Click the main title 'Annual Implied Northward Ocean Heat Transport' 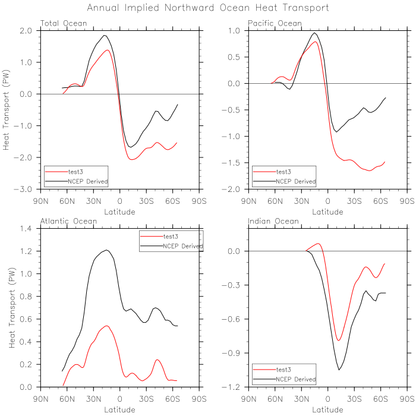208,8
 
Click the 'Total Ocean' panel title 64,24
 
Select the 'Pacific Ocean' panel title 275,24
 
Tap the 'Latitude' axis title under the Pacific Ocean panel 327,211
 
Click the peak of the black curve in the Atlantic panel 106,250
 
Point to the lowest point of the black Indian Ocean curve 339,370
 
